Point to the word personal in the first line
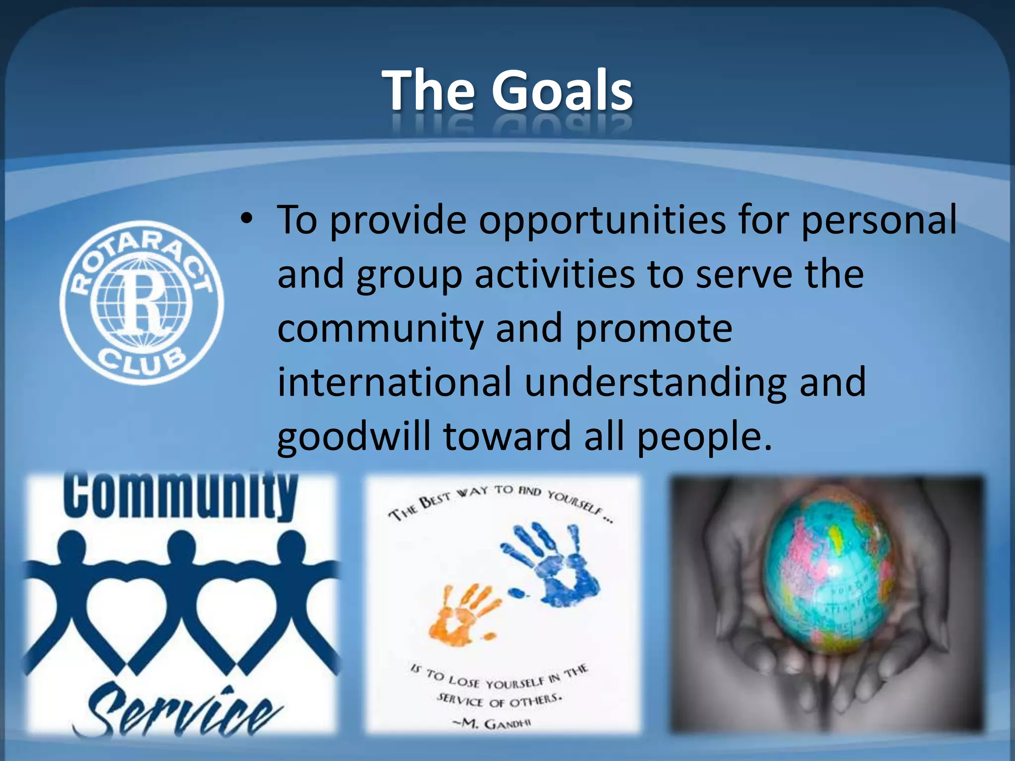(879, 220)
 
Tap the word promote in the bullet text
(654, 328)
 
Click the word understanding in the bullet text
(656, 382)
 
